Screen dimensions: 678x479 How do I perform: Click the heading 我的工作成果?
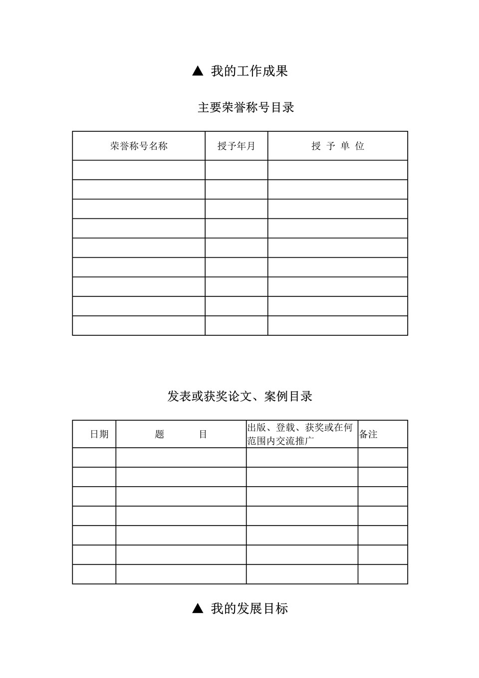pos(249,71)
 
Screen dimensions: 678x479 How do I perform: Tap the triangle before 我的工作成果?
pos(198,71)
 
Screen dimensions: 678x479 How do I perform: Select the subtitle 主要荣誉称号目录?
pos(245,107)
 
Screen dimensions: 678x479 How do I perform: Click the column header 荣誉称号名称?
pos(139,146)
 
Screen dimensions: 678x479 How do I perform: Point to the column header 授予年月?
pos(236,146)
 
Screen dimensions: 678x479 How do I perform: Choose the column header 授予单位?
pos(338,146)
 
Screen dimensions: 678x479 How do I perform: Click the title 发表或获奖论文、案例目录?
pos(239,396)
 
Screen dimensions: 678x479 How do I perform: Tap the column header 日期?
pos(99,434)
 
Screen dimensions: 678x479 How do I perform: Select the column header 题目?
pos(181,434)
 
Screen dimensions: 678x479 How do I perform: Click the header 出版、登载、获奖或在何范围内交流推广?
pos(301,434)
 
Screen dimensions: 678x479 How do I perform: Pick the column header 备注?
pos(368,434)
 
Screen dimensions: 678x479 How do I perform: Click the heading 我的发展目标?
pos(249,609)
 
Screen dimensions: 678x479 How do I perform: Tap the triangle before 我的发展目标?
pos(198,609)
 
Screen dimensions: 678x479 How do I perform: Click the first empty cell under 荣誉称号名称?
pos(139,170)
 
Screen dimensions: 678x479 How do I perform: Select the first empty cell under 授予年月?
pos(236,170)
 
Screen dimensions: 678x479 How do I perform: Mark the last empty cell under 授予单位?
pos(338,326)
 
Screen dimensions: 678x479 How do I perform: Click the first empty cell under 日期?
pos(94,458)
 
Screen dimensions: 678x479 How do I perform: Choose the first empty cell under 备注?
pos(383,458)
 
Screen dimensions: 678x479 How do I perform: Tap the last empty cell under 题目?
pos(181,574)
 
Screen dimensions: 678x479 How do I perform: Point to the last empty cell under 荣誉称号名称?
pos(139,326)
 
